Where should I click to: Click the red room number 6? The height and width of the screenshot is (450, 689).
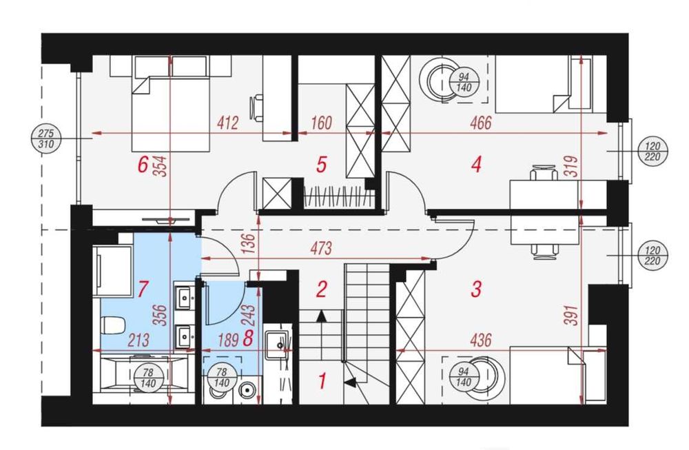(x=142, y=165)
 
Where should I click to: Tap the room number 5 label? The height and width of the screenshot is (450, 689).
(x=321, y=165)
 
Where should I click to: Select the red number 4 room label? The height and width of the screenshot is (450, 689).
(x=476, y=165)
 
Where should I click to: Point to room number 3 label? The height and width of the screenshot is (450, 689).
(x=476, y=289)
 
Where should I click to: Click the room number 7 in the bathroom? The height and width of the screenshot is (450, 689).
(x=142, y=289)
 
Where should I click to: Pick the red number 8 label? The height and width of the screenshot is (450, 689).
(x=248, y=339)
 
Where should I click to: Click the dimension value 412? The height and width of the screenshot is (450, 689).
(x=227, y=123)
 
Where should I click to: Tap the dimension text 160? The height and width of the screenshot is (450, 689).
(x=321, y=123)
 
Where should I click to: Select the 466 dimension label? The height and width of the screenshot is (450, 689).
(x=480, y=123)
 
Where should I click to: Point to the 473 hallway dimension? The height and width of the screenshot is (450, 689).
(x=320, y=249)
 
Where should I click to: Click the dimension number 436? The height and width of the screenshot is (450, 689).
(x=480, y=340)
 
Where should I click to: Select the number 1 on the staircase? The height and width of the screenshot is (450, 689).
(x=322, y=381)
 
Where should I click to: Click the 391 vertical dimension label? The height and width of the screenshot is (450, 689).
(x=572, y=315)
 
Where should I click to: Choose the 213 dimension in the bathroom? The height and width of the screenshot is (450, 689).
(x=139, y=340)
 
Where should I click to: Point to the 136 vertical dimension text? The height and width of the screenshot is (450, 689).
(x=248, y=244)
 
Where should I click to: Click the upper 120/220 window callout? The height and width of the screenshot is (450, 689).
(x=653, y=151)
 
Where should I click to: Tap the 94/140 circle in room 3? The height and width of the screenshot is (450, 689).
(x=464, y=377)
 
